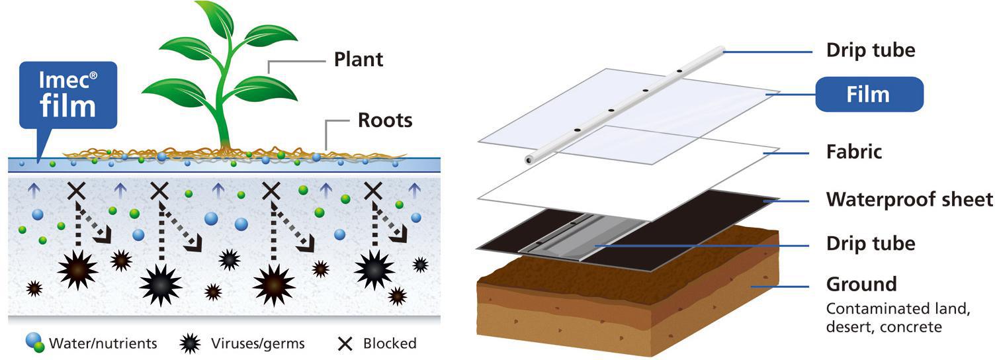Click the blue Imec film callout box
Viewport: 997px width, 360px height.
(x=68, y=94)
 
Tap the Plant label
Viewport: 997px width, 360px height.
(x=359, y=59)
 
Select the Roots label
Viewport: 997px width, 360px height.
(x=384, y=120)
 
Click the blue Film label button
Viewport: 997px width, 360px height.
(x=868, y=94)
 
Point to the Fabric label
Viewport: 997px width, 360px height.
(x=854, y=152)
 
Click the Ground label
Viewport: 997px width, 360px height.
(x=861, y=285)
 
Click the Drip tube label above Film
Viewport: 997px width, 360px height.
(x=871, y=50)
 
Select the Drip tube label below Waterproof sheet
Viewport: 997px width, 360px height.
(x=871, y=244)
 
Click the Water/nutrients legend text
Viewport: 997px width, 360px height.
(x=103, y=343)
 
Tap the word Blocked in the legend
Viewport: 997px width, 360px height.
(x=390, y=343)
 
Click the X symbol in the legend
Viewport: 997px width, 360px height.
(x=344, y=343)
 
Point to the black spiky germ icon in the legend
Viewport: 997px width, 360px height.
(x=191, y=343)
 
